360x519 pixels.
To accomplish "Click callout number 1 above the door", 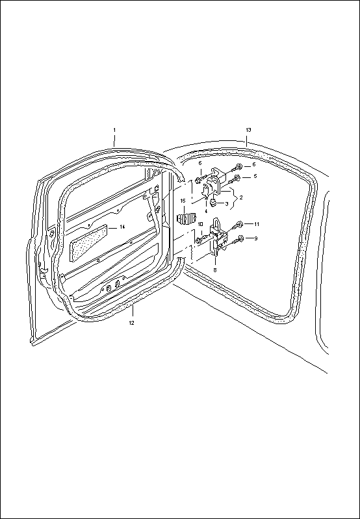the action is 114,130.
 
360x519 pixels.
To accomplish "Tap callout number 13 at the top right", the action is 248,129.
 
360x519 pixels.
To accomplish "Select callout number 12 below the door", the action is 131,323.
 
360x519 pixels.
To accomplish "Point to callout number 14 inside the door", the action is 122,227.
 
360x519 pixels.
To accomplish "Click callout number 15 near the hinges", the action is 183,201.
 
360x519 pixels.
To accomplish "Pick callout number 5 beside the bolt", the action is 255,176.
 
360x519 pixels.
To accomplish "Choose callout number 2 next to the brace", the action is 241,197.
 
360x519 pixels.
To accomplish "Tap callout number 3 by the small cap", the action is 227,204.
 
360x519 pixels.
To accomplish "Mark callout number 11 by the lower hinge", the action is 256,224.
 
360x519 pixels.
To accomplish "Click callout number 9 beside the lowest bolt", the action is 255,238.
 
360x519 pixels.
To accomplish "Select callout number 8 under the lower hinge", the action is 215,270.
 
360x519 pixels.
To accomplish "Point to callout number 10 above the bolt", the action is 200,224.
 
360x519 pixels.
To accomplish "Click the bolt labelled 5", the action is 235,179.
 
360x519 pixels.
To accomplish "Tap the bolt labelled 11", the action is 237,226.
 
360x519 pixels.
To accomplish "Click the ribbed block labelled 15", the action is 186,219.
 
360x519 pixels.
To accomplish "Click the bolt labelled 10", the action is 201,238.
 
